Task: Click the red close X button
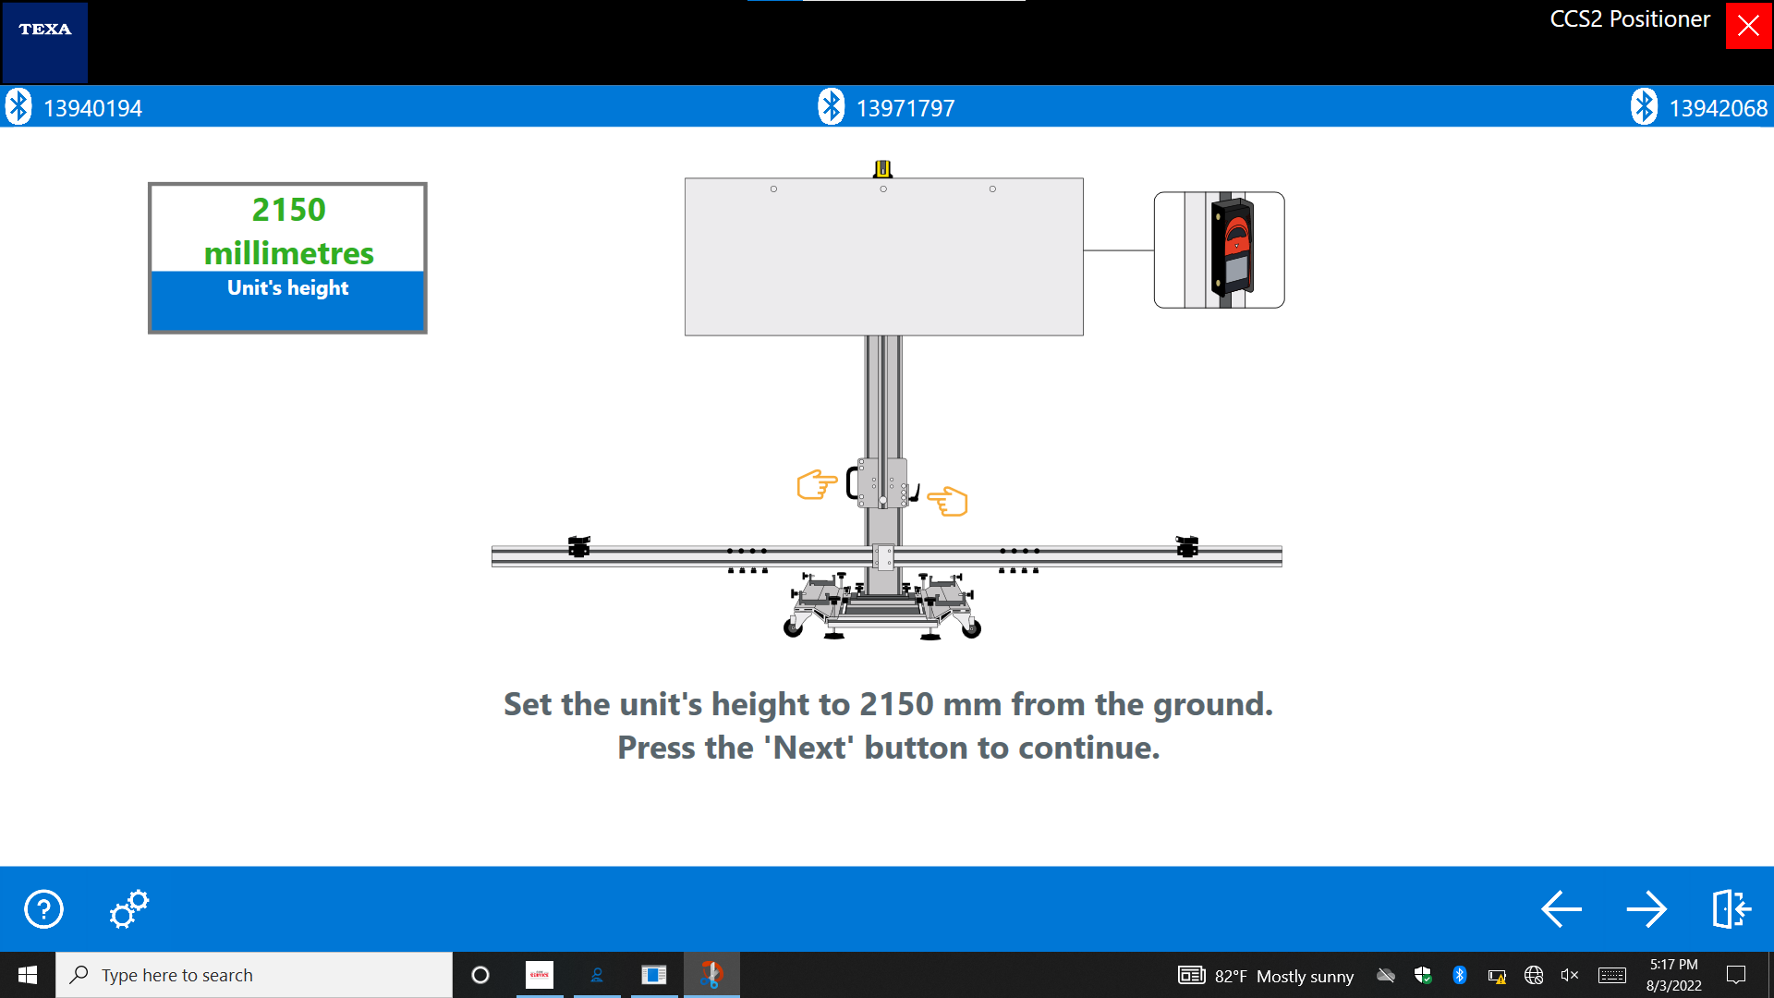(1748, 26)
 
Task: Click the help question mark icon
(43, 909)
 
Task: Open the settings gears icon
(128, 909)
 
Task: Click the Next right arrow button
(1646, 909)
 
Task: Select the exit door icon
(1731, 909)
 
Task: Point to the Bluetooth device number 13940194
(92, 108)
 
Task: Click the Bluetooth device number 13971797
(905, 108)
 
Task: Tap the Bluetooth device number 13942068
(1718, 108)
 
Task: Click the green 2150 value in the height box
(289, 210)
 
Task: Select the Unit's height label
(288, 288)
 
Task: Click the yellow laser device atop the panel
(883, 168)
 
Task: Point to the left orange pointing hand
(817, 484)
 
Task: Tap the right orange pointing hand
(947, 501)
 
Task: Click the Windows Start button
(28, 975)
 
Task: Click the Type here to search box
(254, 975)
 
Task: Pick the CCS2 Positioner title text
(1630, 19)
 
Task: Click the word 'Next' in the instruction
(809, 748)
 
